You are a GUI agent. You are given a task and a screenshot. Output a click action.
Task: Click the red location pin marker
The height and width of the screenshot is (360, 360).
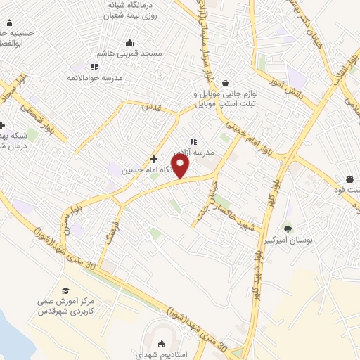point(181,167)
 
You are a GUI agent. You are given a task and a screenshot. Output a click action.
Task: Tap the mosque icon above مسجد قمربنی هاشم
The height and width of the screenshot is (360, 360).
point(129,42)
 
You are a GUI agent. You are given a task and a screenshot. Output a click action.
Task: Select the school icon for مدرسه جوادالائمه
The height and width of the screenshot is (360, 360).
point(94,67)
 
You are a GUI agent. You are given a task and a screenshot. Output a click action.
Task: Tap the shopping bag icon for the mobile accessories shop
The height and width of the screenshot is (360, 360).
point(224,82)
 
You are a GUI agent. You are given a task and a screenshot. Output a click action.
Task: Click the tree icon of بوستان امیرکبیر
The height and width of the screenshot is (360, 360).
point(287,229)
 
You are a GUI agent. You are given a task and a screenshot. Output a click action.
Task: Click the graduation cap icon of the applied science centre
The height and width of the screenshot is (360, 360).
point(65,290)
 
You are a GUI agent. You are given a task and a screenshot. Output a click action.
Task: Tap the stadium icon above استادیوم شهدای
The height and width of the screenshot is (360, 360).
point(162,343)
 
